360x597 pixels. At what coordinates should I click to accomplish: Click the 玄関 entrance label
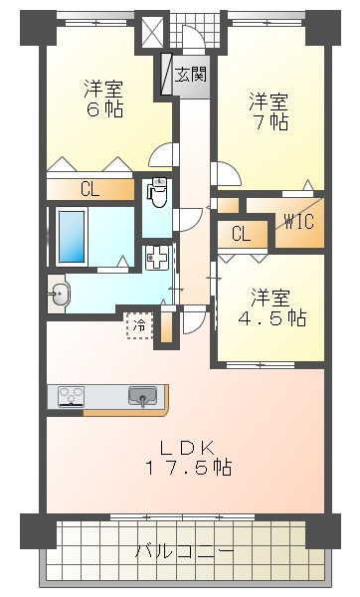pos(191,75)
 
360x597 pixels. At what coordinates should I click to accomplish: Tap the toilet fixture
pos(159,192)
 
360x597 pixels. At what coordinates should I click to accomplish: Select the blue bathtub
pos(72,237)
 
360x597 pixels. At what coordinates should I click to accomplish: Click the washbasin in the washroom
pos(60,294)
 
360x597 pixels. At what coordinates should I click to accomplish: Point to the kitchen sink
pos(142,396)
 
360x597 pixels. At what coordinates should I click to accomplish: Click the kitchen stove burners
pos(71,396)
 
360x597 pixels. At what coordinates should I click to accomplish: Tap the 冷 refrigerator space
pos(140,325)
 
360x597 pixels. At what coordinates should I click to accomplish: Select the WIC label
pos(299,222)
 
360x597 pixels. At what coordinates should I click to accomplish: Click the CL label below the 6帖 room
pos(90,189)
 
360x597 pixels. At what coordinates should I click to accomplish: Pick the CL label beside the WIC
pos(242,234)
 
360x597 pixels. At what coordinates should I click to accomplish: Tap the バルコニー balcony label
pos(185,551)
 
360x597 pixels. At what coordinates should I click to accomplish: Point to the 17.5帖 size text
pos(189,468)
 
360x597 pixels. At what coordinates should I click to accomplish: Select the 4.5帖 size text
pos(272,317)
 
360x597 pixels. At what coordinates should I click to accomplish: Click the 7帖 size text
pos(270,121)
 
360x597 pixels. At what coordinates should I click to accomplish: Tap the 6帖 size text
pos(104,109)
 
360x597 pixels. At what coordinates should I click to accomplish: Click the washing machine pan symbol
pos(157,258)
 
